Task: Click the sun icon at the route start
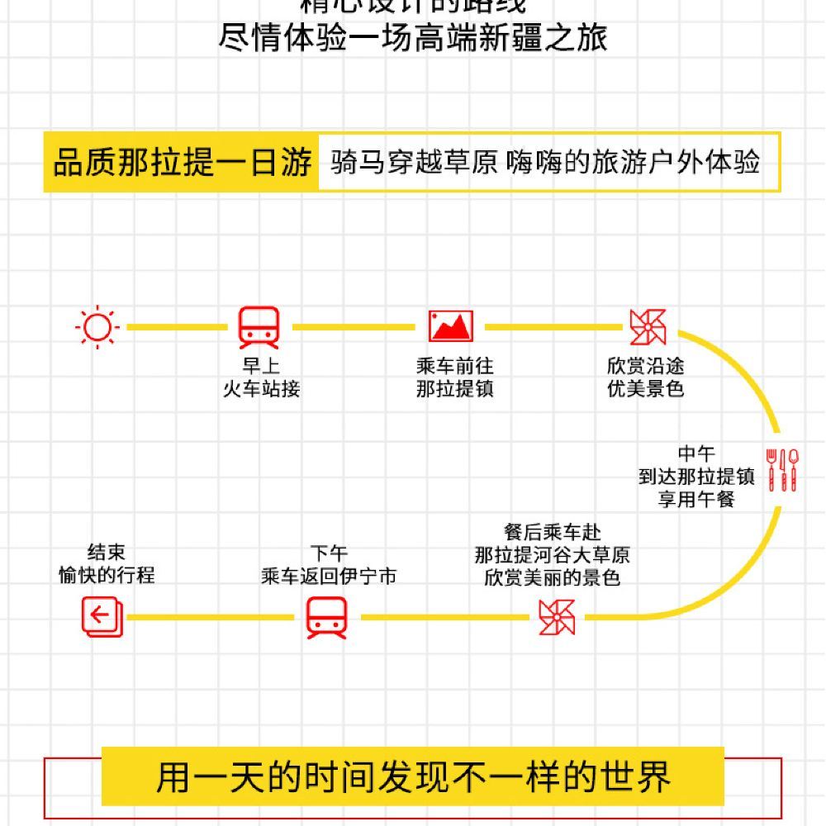coord(97,327)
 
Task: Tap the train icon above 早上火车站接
coord(259,327)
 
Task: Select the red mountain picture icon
coord(451,326)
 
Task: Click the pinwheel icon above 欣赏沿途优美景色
coord(648,327)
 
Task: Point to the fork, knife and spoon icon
coord(782,469)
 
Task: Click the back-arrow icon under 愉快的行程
coord(102,617)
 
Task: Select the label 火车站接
coord(260,388)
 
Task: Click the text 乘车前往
coord(454,366)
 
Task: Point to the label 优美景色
coord(645,388)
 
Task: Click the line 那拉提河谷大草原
coord(552,555)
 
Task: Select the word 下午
coord(329,553)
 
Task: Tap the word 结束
coord(107,552)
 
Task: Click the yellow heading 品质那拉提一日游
coord(182,163)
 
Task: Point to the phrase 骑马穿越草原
coord(414,162)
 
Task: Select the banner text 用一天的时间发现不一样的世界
coord(413,777)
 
